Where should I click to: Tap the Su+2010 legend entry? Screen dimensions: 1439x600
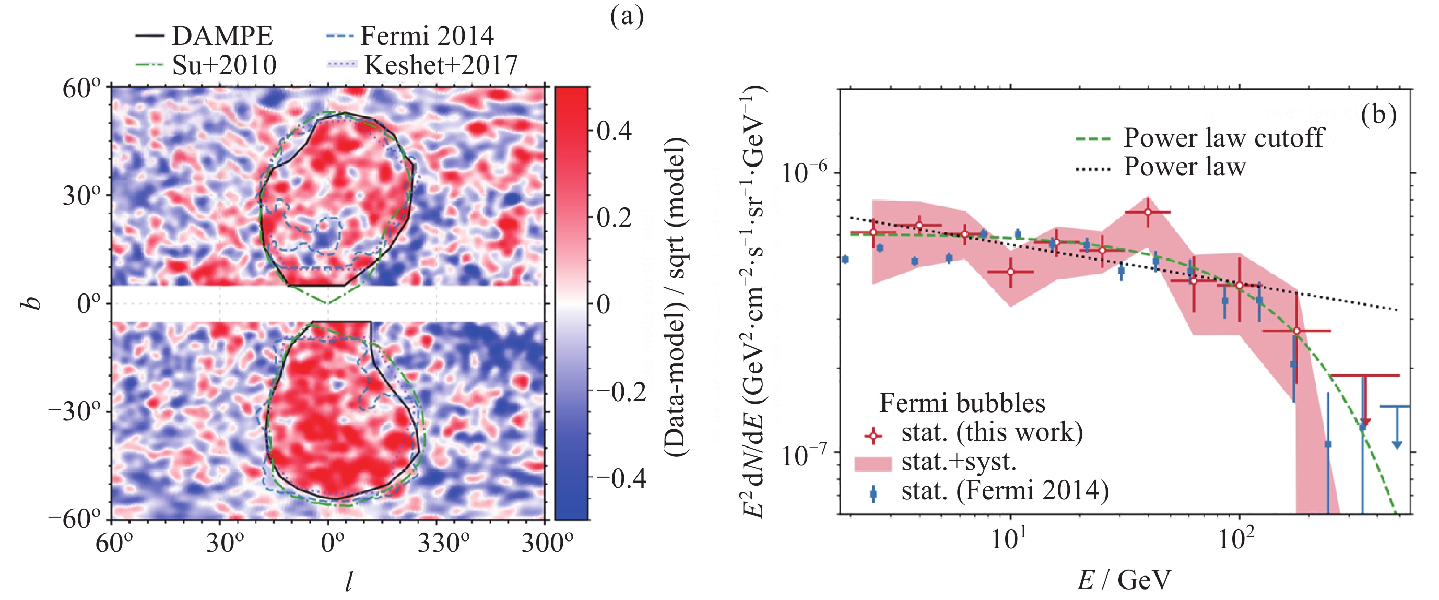[x=206, y=65]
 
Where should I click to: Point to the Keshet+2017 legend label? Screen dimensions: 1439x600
[x=441, y=65]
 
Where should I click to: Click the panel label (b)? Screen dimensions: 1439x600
[x=1378, y=114]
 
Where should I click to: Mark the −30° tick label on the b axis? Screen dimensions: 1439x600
[x=75, y=413]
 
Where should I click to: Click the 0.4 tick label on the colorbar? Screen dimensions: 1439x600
[x=615, y=130]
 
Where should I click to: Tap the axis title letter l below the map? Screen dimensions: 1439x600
[x=349, y=582]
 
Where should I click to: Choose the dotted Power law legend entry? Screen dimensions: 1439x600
[x=1161, y=167]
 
